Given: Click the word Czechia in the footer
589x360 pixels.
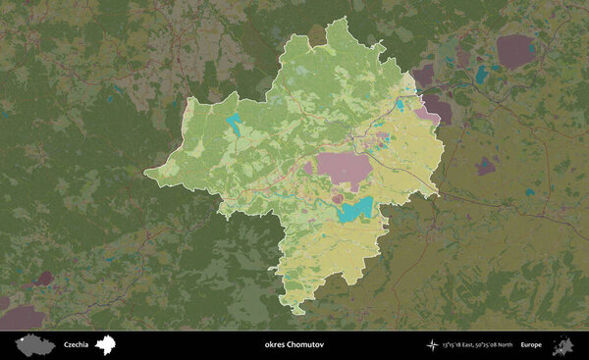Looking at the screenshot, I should (x=76, y=344).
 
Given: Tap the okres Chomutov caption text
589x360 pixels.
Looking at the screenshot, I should (x=294, y=344).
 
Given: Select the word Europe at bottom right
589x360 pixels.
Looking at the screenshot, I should (x=531, y=344).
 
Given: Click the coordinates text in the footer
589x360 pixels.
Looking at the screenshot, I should (x=477, y=344).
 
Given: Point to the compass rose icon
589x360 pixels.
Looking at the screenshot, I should (x=433, y=344).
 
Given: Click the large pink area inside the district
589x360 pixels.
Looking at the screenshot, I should (x=344, y=169).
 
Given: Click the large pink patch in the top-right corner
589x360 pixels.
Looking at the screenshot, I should (x=514, y=50).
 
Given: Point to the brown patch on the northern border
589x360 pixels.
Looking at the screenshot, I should (x=317, y=36).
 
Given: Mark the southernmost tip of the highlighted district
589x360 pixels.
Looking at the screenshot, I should (x=297, y=313).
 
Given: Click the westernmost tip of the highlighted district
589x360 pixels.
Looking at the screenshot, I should (x=146, y=177).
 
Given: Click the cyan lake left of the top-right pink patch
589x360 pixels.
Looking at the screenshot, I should (x=481, y=75).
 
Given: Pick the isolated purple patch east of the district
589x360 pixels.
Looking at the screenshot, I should (x=485, y=166).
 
